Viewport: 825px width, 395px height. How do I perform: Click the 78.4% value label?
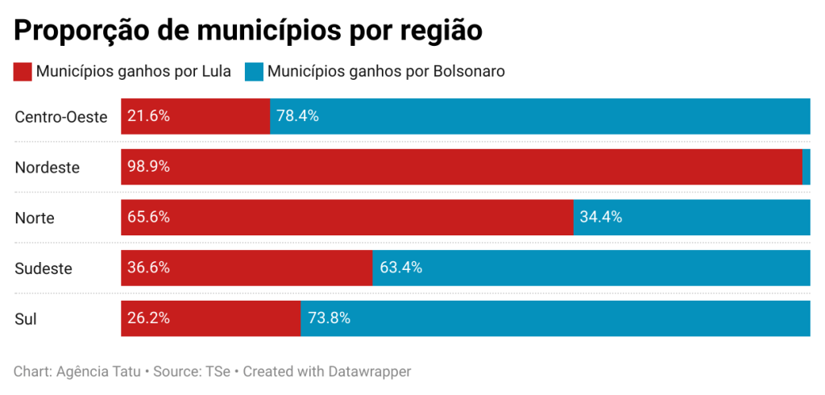(298, 116)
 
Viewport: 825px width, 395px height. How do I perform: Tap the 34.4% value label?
(601, 218)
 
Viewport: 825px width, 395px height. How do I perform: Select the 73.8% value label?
(329, 318)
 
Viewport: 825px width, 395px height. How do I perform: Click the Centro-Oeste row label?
(61, 117)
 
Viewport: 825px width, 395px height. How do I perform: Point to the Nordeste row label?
(48, 168)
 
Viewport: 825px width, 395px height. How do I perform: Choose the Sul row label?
(26, 319)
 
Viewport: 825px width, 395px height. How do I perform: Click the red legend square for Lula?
(23, 72)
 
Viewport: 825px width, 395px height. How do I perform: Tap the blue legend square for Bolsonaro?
(254, 72)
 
